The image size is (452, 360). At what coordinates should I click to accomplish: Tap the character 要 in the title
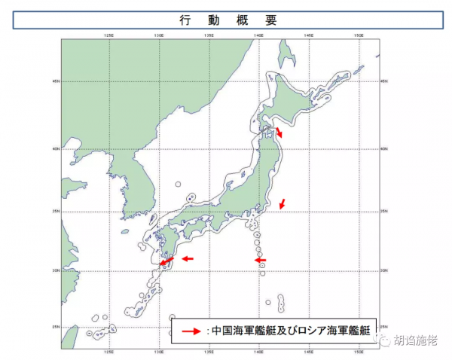coord(270,21)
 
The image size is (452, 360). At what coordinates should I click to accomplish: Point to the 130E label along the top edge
coord(158,35)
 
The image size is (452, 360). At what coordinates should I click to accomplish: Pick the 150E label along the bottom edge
coord(360,351)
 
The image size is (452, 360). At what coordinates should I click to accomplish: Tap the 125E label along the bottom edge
coord(109,351)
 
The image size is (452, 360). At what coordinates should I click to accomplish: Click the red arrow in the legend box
coord(194,330)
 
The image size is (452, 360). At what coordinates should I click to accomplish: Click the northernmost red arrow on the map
coord(279,133)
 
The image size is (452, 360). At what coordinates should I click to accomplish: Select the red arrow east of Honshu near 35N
coord(282,203)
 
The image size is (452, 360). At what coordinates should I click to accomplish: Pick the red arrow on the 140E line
coord(260,260)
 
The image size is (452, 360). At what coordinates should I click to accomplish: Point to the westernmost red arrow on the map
coord(166,261)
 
